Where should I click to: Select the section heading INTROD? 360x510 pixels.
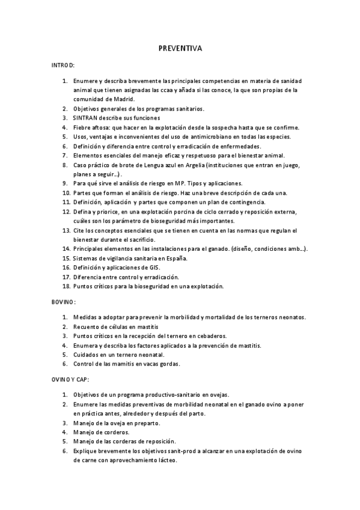coord(63,64)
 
